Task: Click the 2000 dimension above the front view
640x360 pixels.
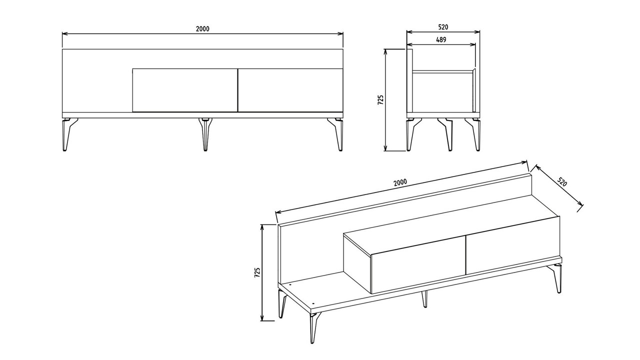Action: (202, 29)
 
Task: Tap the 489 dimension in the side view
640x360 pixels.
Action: (441, 39)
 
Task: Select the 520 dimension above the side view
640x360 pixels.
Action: (443, 27)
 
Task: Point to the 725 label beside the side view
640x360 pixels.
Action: (380, 100)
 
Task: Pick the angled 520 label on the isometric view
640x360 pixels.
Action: (562, 181)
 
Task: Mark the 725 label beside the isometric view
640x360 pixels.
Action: (257, 273)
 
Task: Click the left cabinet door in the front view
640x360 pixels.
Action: (185, 90)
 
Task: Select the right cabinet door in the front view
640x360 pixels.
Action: (290, 90)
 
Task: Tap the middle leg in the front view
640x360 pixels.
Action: (205, 133)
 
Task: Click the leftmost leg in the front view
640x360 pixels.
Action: (67, 133)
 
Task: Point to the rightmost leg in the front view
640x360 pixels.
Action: (336, 133)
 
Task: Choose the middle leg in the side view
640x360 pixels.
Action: (446, 133)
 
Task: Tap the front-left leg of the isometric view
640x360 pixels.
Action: (314, 327)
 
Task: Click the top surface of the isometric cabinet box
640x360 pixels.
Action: (451, 235)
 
